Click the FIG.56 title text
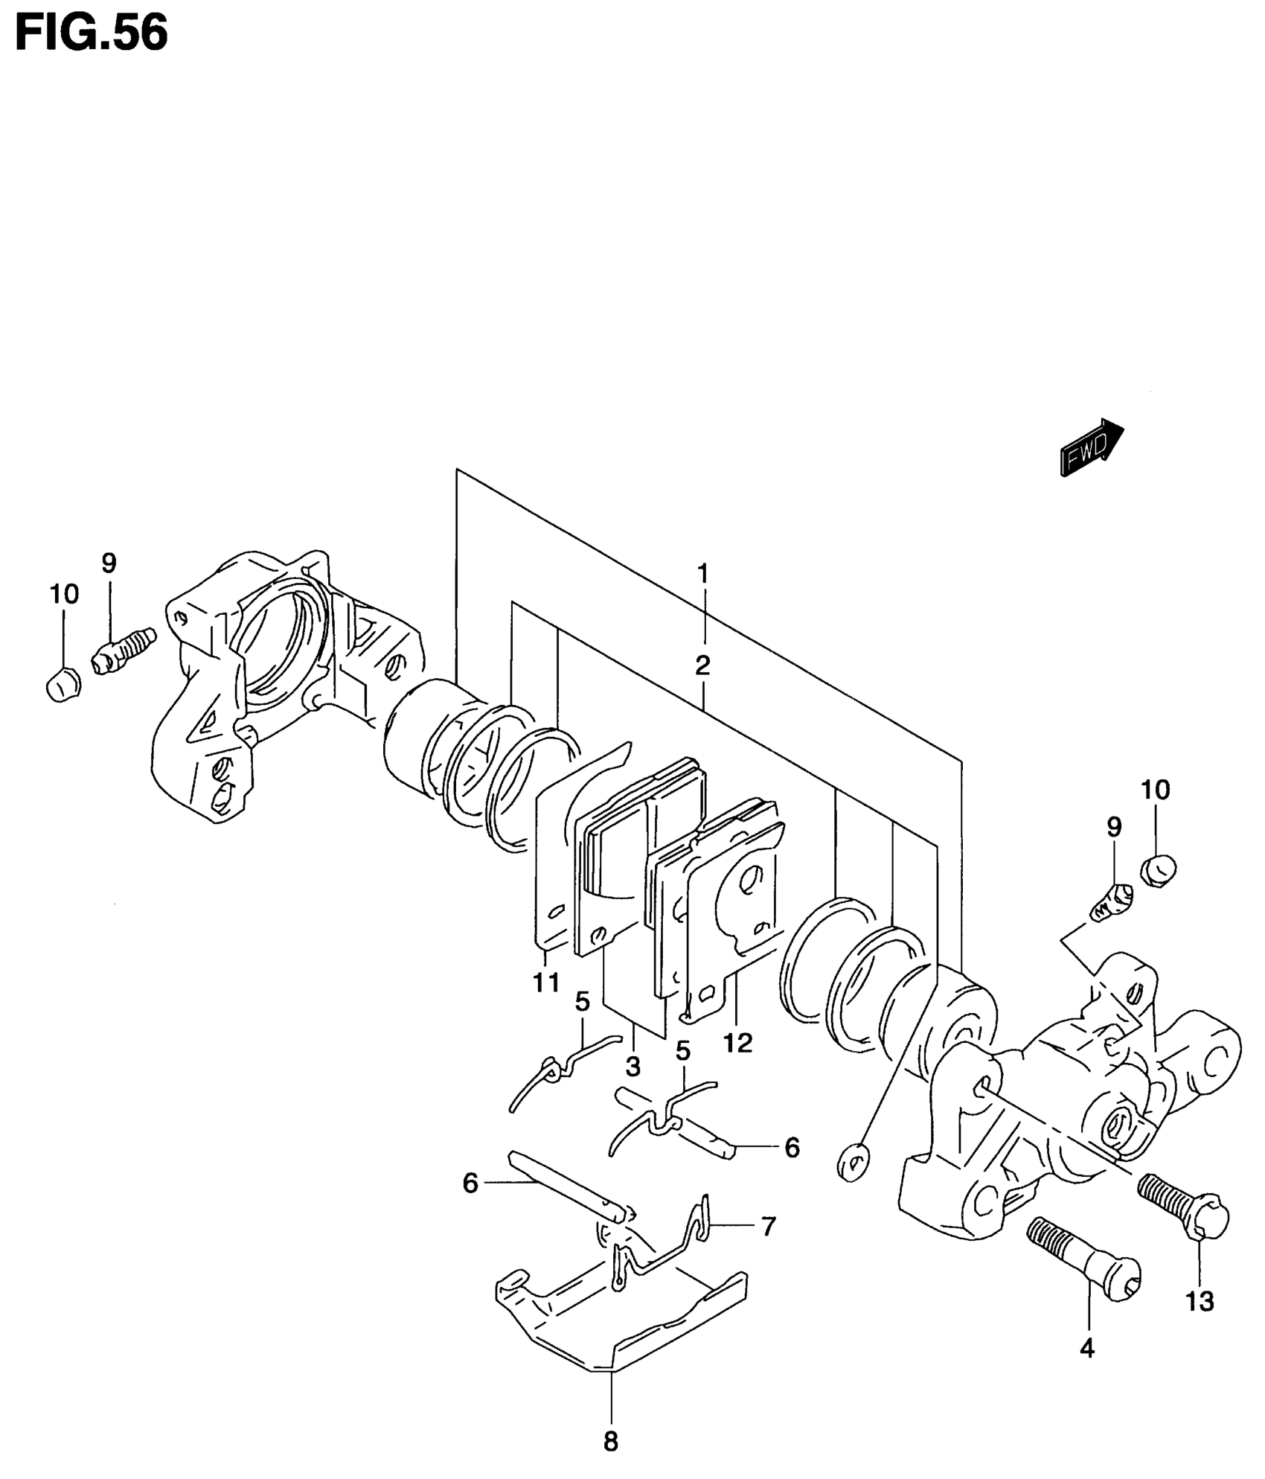[x=92, y=33]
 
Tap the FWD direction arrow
[x=1091, y=447]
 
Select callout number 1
[x=702, y=574]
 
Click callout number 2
[x=702, y=665]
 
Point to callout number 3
[x=632, y=1067]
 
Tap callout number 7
[x=767, y=1225]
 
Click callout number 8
[x=610, y=1442]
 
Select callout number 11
[x=545, y=983]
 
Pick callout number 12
[x=737, y=1043]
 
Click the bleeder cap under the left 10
[x=63, y=683]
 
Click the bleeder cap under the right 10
[x=1158, y=869]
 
